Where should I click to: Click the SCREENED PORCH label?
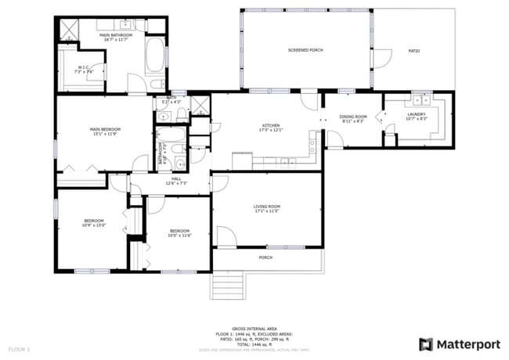click(305, 50)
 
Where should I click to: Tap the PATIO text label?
click(414, 51)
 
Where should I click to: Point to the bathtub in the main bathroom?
click(157, 56)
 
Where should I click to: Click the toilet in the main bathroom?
click(156, 84)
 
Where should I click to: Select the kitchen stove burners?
click(314, 143)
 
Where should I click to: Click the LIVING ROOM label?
click(267, 207)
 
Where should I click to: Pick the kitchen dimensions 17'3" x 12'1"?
click(271, 130)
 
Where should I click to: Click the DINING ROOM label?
click(353, 117)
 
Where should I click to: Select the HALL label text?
click(176, 178)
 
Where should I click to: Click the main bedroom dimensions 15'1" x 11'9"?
click(104, 134)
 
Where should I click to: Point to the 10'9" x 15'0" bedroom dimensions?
click(94, 225)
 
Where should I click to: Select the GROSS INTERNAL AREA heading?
click(254, 329)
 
